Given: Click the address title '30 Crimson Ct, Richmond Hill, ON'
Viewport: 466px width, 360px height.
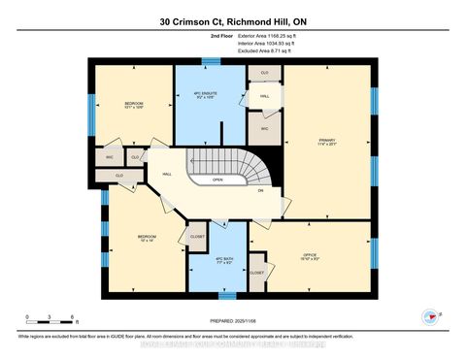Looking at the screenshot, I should point(232,20).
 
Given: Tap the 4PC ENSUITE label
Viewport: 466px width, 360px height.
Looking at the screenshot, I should point(208,95).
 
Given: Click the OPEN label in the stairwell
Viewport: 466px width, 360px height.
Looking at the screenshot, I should point(218,179).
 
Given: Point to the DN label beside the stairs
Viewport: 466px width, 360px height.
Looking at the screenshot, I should point(260,190).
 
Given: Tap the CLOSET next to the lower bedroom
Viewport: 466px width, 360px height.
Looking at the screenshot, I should point(197,236).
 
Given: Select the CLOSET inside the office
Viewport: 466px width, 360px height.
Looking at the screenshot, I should point(257,273).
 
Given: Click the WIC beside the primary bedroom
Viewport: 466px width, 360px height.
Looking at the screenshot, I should point(262,127).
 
